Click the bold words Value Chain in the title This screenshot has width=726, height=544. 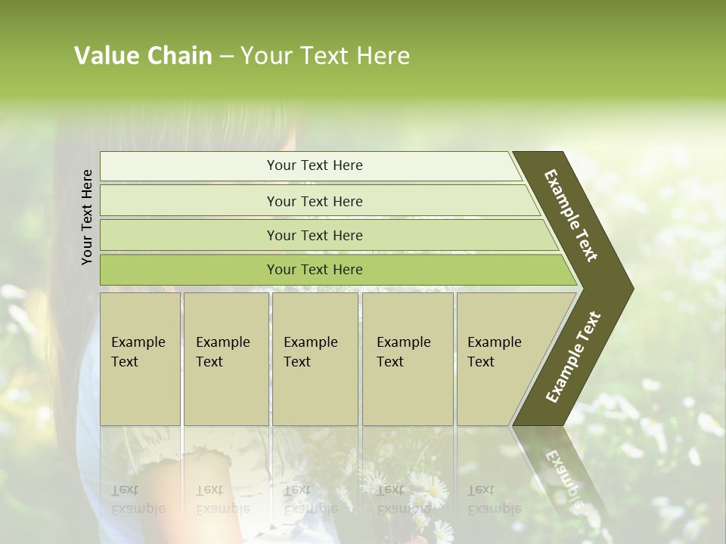click(143, 56)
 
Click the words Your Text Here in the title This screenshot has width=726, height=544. click(325, 56)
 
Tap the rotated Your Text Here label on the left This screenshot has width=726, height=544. click(88, 217)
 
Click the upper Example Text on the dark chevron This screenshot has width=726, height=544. click(571, 215)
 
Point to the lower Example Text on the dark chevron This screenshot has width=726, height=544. click(572, 357)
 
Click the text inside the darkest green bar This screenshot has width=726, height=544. click(315, 270)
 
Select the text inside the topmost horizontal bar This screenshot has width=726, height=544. click(315, 165)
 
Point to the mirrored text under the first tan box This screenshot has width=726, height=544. click(138, 499)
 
